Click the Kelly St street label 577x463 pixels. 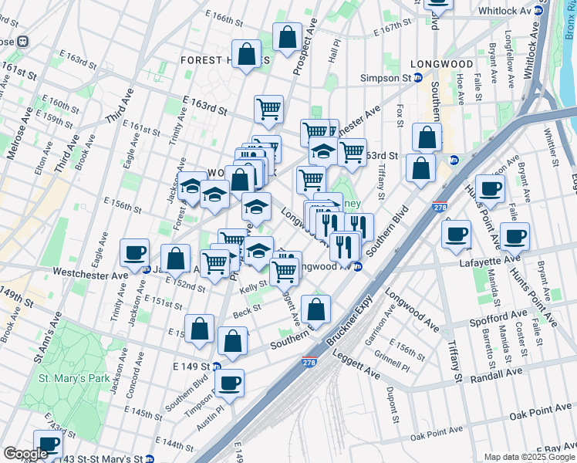(252, 289)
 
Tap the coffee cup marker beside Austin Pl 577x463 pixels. (230, 382)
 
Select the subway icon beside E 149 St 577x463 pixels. (218, 367)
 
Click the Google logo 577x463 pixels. (26, 454)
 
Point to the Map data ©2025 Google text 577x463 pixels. (529, 457)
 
